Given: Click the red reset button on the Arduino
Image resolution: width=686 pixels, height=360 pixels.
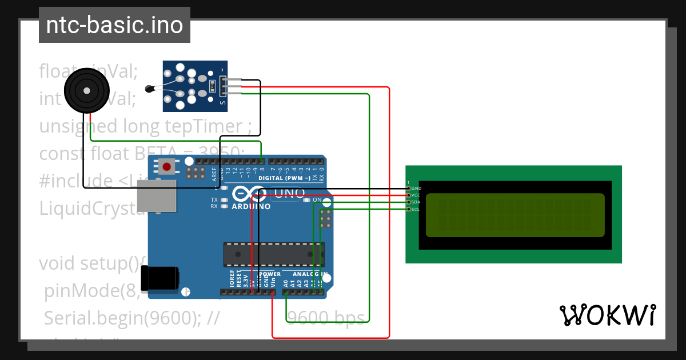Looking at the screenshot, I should point(166,167).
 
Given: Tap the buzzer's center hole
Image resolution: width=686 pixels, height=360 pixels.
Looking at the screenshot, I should point(86,91).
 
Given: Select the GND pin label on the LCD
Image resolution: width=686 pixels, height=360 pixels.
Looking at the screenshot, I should point(416,188).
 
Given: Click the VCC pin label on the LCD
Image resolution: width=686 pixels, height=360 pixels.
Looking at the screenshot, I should point(416,195).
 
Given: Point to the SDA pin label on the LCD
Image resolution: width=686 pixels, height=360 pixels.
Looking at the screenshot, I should point(416,202).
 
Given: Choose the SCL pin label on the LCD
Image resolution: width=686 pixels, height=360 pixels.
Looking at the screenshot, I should point(416,209).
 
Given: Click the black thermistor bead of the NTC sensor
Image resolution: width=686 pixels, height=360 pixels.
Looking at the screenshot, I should point(150,88).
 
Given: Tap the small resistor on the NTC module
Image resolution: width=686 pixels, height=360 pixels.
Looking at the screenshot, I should point(213,86).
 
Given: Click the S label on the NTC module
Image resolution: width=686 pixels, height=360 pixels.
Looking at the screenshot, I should point(222,103).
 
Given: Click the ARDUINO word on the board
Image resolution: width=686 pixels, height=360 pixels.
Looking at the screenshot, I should point(251,207).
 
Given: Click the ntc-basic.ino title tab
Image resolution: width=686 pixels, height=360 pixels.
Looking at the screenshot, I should point(114,25).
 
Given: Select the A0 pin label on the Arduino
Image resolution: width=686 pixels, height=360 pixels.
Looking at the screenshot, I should point(285,282).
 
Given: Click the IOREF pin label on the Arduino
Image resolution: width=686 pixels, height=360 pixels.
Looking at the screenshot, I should point(232,281).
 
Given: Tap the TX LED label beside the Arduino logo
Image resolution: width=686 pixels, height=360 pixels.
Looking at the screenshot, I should point(214,200).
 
